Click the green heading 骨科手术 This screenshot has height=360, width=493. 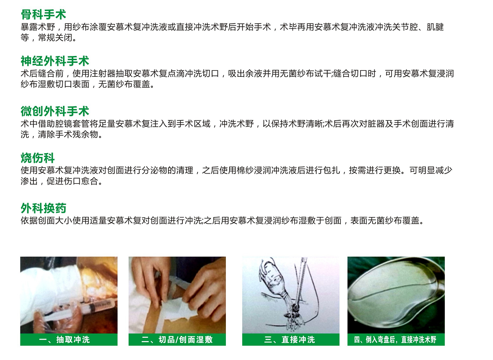(x=44, y=14)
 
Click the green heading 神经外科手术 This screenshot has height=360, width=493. (x=55, y=61)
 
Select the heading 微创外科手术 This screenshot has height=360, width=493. (x=55, y=112)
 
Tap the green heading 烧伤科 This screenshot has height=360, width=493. (x=38, y=158)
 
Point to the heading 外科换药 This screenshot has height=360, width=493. (x=44, y=208)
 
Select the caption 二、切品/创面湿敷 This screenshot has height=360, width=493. (x=177, y=340)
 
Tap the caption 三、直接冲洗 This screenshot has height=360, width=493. (x=290, y=340)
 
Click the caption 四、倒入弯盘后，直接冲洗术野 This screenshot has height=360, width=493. (x=395, y=340)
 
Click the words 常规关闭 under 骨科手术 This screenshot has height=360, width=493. (x=55, y=38)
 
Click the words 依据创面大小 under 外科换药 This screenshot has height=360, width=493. (x=47, y=221)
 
